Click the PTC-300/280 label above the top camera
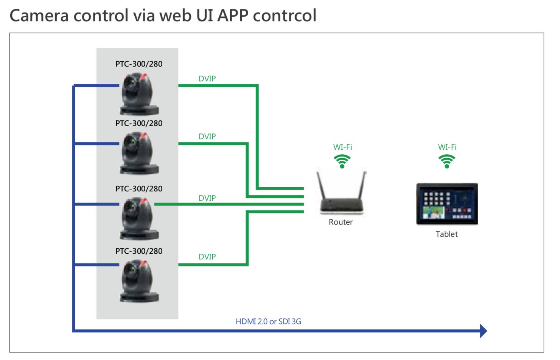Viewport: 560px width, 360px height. tap(139, 64)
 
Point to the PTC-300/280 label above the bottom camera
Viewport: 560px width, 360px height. tap(139, 251)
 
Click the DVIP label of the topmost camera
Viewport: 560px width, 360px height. tap(207, 79)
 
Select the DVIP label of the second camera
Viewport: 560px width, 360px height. tap(207, 137)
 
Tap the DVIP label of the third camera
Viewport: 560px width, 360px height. tap(207, 198)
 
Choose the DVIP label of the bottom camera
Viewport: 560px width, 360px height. tap(207, 257)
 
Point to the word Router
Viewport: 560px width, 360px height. tap(341, 222)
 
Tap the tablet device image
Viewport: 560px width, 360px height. tap(447, 204)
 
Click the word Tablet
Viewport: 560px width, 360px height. tap(446, 234)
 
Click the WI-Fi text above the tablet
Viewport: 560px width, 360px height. tap(447, 147)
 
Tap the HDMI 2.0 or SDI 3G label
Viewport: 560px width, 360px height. tap(268, 321)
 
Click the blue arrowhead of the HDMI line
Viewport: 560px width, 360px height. tap(483, 331)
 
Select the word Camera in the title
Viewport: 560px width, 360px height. tap(39, 16)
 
